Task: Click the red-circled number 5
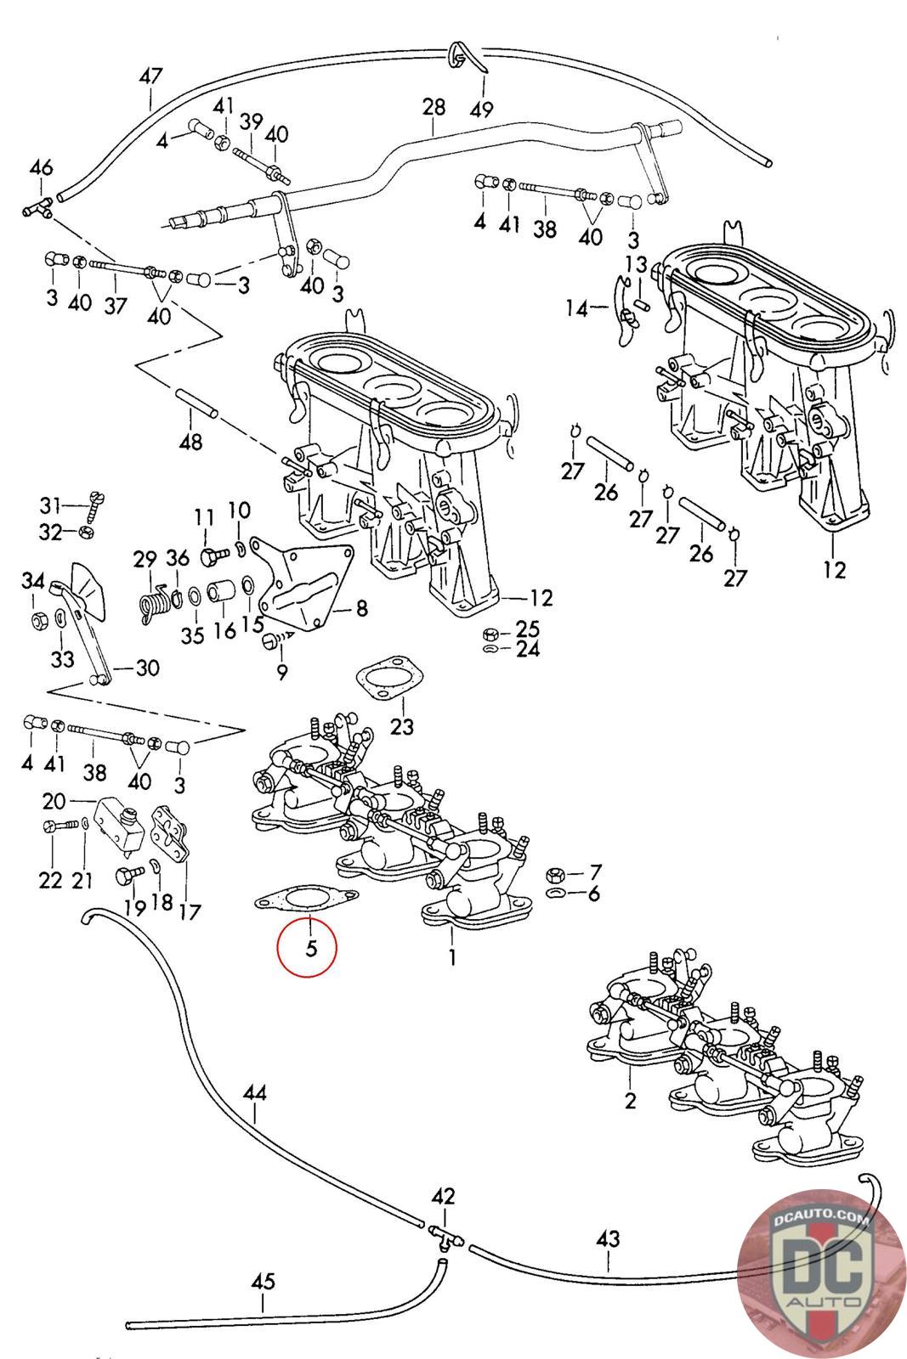311,947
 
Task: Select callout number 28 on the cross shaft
434,108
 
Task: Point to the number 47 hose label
150,76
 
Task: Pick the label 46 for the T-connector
41,167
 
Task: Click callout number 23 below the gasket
402,726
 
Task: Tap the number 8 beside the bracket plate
361,608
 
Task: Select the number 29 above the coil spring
145,559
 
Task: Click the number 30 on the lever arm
147,668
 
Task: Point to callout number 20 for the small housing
54,801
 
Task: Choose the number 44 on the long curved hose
254,1092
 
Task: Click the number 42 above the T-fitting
443,1197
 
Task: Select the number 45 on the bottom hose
264,1281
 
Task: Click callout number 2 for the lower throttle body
630,1102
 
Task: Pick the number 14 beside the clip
577,308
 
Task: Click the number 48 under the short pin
192,443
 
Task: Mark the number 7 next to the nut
595,872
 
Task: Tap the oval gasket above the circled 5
307,898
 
